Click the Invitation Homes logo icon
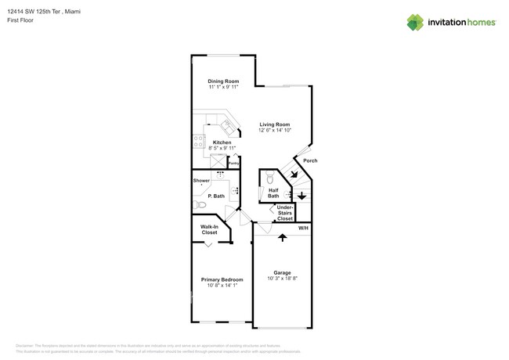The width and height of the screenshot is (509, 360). [x=415, y=22]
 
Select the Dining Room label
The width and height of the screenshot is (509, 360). [x=223, y=81]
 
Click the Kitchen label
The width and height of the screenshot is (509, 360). [x=222, y=142]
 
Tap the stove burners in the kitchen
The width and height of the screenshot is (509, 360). [x=199, y=142]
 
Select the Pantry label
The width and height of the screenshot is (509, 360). [x=233, y=164]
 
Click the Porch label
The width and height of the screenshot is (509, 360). [x=310, y=160]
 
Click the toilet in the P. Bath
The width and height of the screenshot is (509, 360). [x=201, y=205]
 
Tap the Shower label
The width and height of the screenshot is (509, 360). [x=201, y=181]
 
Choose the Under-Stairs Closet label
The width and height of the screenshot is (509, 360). [x=285, y=214]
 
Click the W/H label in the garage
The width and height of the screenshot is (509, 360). [x=303, y=228]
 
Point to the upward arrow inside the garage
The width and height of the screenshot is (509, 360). [x=282, y=237]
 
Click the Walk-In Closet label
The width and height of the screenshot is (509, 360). [x=209, y=229]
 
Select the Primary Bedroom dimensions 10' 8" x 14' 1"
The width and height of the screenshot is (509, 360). [x=222, y=286]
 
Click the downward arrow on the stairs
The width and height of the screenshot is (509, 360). [x=301, y=196]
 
